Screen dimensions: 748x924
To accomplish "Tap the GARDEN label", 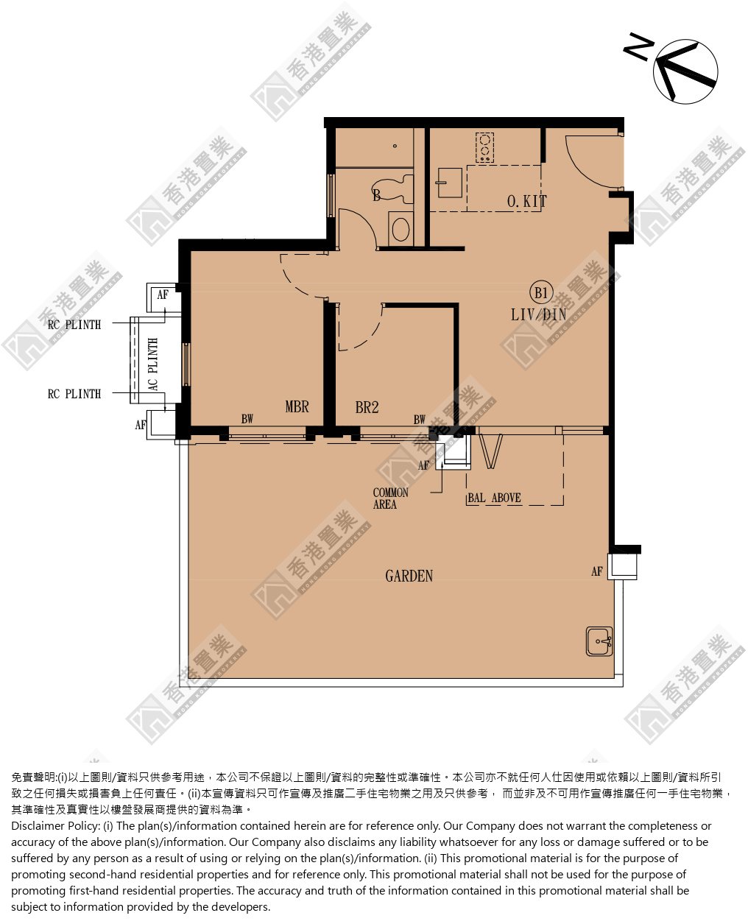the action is coord(409,576).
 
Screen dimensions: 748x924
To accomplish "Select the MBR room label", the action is coord(297,406).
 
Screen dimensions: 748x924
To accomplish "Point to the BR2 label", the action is coord(367,407).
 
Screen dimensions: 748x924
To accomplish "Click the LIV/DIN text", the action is coord(539,314).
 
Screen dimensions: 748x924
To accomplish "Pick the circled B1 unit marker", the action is coord(541,293).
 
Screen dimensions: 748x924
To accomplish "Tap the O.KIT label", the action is coord(527,201).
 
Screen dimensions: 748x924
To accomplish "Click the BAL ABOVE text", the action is coord(494,498).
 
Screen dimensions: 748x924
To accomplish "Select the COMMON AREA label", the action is coord(390,498).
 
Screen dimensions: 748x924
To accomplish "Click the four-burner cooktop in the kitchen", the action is coord(484,147).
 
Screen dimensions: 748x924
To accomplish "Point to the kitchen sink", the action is coord(449,183).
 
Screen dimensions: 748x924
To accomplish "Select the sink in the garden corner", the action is coord(599,641).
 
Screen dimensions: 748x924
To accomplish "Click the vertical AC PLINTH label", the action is coord(152,364).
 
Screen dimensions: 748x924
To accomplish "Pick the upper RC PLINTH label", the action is coord(74,325).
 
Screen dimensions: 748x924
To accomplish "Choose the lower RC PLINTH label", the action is coord(74,394).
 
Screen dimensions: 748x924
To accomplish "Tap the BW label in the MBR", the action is coord(247,419).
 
